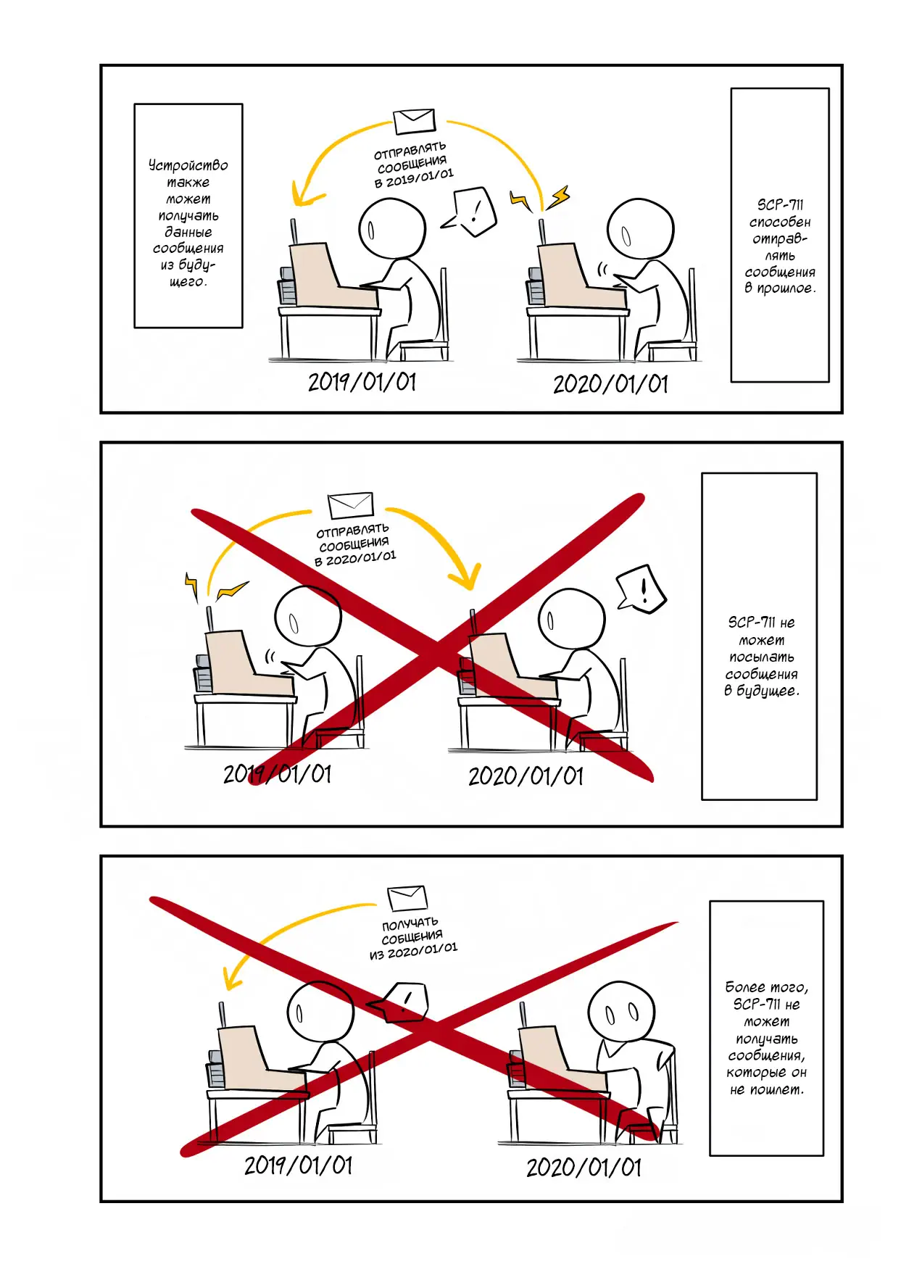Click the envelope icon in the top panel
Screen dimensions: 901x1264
tap(415, 121)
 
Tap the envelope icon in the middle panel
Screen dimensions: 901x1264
tap(351, 505)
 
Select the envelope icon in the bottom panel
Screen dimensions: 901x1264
tap(407, 898)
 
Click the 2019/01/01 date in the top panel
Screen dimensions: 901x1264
tap(362, 382)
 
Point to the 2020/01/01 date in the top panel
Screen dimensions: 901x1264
tap(610, 384)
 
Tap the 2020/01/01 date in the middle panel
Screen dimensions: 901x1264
tap(526, 776)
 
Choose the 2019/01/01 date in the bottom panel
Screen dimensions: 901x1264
tap(298, 1165)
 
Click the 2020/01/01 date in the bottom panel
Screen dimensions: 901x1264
tap(584, 1168)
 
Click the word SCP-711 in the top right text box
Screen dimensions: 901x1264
tap(780, 205)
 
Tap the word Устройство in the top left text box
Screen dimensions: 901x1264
tap(188, 165)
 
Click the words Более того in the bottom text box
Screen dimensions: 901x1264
tap(766, 987)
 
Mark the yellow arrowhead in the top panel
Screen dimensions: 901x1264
tap(305, 194)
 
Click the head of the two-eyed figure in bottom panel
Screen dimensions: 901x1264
tap(621, 1014)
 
